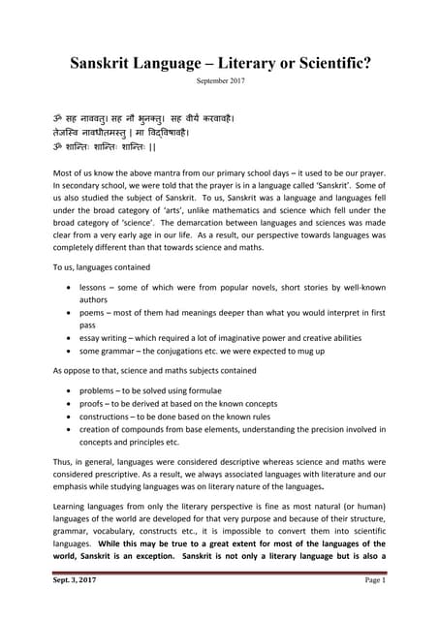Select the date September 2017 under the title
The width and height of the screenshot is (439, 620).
coord(220,81)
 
